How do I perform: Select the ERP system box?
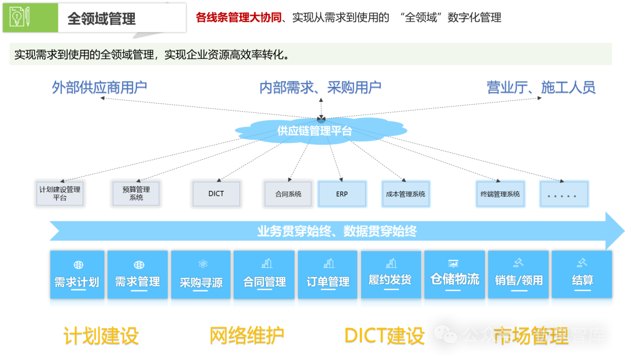pyautogui.click(x=342, y=194)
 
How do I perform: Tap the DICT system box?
pyautogui.click(x=216, y=193)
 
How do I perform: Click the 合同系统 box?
pyautogui.click(x=288, y=193)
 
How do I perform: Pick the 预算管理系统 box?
pyautogui.click(x=136, y=193)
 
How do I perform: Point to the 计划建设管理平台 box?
pyautogui.click(x=60, y=193)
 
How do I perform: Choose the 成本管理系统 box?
pyautogui.click(x=405, y=194)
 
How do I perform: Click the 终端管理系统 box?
pyautogui.click(x=500, y=194)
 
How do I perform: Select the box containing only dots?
pyautogui.click(x=564, y=194)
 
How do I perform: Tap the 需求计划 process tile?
pyautogui.click(x=77, y=278)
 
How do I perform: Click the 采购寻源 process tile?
pyautogui.click(x=201, y=278)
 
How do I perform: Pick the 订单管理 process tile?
pyautogui.click(x=328, y=278)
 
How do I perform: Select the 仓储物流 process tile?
pyautogui.click(x=455, y=278)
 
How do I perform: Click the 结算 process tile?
pyautogui.click(x=582, y=278)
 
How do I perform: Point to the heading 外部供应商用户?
pyautogui.click(x=100, y=88)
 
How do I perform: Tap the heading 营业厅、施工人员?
pyautogui.click(x=541, y=88)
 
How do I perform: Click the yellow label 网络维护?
pyautogui.click(x=247, y=336)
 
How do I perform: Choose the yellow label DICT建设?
pyautogui.click(x=384, y=336)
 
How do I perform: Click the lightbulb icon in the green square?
pyautogui.click(x=17, y=18)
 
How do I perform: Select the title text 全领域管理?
pyautogui.click(x=101, y=19)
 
